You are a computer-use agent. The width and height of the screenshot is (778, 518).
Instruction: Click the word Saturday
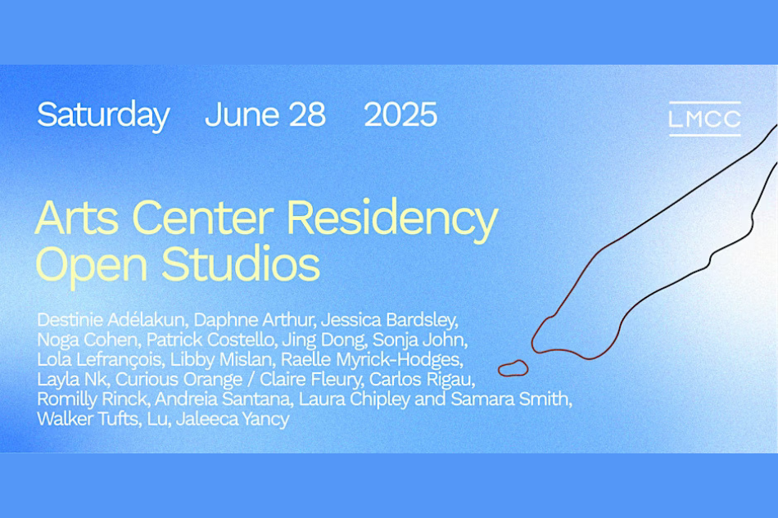[x=103, y=115]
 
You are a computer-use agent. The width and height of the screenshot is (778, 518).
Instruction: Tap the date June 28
[x=265, y=115]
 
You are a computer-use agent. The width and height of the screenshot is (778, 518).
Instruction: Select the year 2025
[x=400, y=115]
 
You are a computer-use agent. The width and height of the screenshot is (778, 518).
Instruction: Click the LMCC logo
[x=704, y=119]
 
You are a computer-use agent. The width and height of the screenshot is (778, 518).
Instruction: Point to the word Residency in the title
[x=392, y=219]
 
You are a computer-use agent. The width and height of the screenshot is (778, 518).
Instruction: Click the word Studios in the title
[x=241, y=264]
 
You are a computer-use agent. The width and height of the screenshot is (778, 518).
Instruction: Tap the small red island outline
[x=513, y=368]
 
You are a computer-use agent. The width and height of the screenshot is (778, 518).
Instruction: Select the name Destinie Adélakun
[x=111, y=320]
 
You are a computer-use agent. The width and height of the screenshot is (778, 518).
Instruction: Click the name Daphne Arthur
[x=254, y=320]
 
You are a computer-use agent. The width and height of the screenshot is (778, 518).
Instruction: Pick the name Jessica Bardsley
[x=389, y=320]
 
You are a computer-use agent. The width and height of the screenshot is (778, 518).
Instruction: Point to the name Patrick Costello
[x=210, y=340]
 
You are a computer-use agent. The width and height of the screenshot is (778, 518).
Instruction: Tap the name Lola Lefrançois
[x=100, y=359]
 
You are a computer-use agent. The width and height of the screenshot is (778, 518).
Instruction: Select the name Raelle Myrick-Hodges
[x=371, y=359]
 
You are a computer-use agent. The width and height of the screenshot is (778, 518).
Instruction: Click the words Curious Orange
[x=179, y=379]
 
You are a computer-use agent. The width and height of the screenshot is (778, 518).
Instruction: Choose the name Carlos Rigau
[x=421, y=379]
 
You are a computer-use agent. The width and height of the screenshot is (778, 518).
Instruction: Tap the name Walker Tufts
[x=88, y=419]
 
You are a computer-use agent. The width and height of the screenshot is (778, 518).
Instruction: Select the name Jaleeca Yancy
[x=233, y=419]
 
